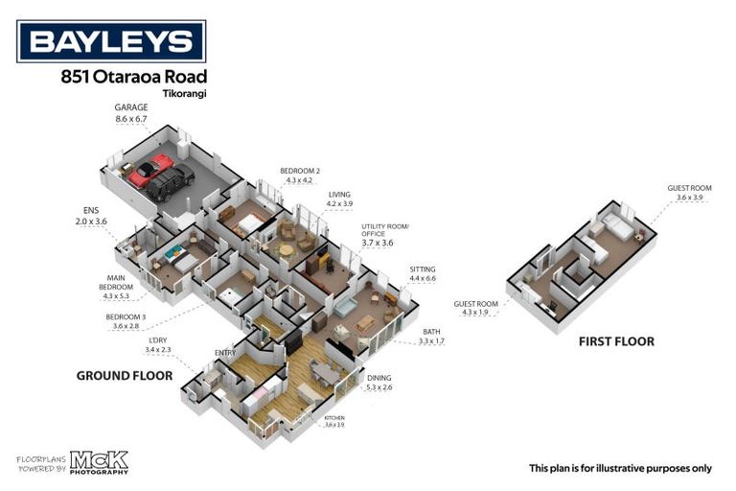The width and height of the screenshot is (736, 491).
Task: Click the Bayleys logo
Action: (x=111, y=41)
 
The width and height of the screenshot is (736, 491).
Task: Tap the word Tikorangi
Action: (x=186, y=94)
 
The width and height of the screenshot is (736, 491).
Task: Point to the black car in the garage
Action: (x=171, y=181)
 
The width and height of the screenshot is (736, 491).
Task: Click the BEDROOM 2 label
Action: (x=299, y=170)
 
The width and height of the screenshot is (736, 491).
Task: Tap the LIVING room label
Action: (x=339, y=194)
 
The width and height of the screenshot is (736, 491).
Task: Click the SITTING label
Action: (x=423, y=269)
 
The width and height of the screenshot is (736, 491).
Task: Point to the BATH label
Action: (x=432, y=331)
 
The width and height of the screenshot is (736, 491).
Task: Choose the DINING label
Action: (x=379, y=378)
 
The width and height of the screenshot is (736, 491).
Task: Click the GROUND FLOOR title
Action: (x=125, y=376)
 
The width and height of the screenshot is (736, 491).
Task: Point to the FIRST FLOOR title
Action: (x=616, y=341)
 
